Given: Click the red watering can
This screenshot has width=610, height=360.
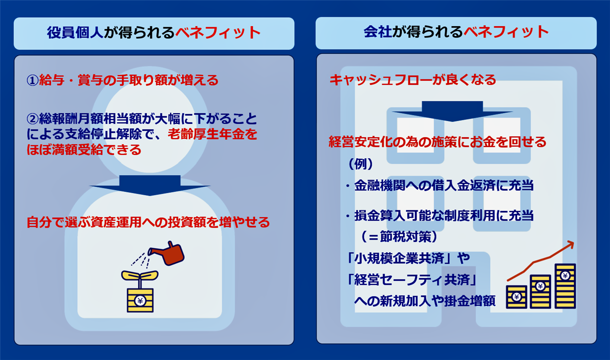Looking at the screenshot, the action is coord(169,254).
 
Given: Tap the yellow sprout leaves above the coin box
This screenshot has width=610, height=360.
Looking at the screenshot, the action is coord(140,275).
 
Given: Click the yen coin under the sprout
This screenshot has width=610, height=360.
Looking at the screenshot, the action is coord(140,300).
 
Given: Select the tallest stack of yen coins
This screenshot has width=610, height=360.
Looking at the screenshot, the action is coord(565,286).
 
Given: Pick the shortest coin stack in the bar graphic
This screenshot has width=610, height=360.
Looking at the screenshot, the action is coord(516,297).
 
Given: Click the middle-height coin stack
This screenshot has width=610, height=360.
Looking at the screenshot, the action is coord(540,291).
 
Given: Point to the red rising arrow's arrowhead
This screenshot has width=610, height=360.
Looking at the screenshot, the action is coord(570,244).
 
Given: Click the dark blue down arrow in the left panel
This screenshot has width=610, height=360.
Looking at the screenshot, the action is coord(150,186).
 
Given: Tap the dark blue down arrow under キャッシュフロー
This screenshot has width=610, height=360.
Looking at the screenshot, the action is coord(452,111).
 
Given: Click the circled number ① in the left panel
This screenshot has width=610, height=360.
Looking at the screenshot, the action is coord(32,80).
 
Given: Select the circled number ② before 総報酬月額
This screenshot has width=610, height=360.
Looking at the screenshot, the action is coord(32,119).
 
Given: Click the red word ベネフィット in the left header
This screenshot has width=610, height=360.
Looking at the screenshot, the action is coord(218,33).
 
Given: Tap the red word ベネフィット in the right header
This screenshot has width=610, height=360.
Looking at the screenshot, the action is coord(506,32).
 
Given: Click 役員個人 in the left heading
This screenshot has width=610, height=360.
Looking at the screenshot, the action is coord(75,33).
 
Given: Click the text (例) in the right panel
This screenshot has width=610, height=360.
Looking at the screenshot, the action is coord(361,164).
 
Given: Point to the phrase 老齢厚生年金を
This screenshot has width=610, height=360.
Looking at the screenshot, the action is coord(213,134).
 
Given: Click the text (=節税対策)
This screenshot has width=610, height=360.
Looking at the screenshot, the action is coord(399,237).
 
